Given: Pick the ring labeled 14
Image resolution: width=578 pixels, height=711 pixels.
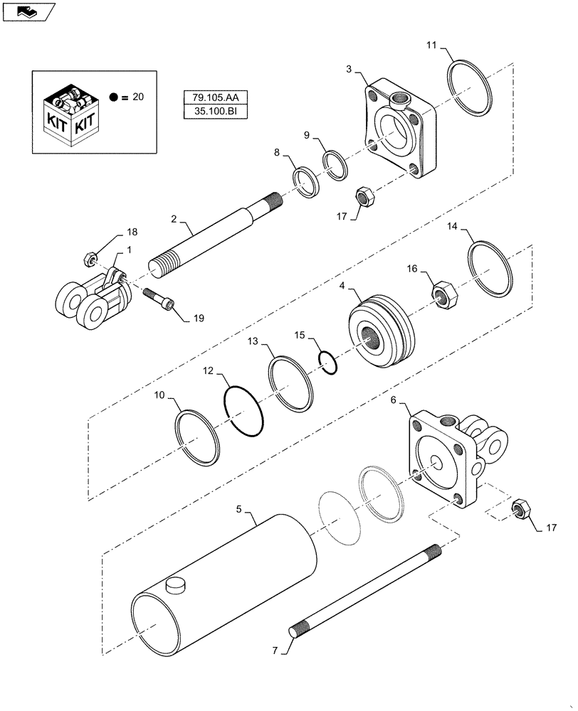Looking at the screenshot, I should pyautogui.click(x=490, y=269).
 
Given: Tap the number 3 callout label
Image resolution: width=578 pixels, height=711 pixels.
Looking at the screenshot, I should pyautogui.click(x=349, y=70).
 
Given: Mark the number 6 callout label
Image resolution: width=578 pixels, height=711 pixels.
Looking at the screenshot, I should pyautogui.click(x=392, y=401).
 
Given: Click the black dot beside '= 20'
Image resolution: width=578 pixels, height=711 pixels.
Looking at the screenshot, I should pyautogui.click(x=113, y=97).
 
